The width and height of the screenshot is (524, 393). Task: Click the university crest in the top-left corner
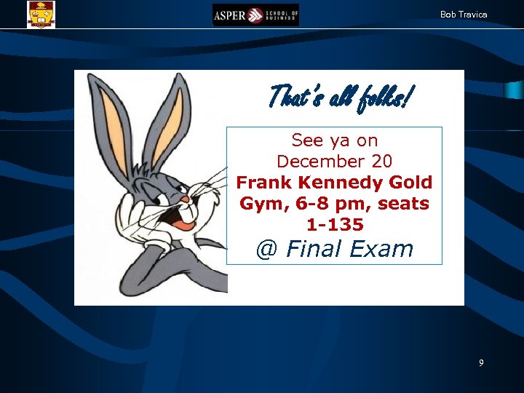coord(41,14)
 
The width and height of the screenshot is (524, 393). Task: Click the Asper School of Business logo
coord(255,15)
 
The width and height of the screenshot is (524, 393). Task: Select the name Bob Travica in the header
coord(464,15)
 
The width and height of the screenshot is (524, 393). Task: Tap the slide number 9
coord(481,362)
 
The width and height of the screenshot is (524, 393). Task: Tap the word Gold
coord(411,182)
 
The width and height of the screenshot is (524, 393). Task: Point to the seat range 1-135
coord(334,225)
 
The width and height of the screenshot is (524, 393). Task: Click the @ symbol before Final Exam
coord(267,250)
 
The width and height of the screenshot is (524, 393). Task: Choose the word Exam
coord(381,250)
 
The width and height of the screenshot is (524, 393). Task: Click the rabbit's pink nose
coord(185,199)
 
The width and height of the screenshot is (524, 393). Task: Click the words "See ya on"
coord(334,140)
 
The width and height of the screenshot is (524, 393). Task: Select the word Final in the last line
coord(314,250)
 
